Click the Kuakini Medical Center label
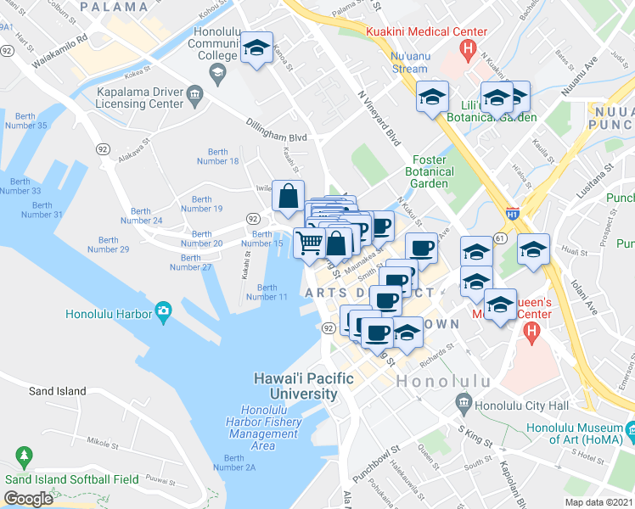(427, 32)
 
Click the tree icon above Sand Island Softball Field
(24, 458)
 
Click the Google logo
(28, 499)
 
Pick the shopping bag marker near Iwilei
(289, 195)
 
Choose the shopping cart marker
(310, 243)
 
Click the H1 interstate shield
(512, 216)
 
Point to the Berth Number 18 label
(217, 156)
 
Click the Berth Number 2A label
(234, 462)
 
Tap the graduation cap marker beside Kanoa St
(255, 48)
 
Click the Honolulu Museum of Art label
(575, 433)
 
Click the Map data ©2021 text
(599, 502)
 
